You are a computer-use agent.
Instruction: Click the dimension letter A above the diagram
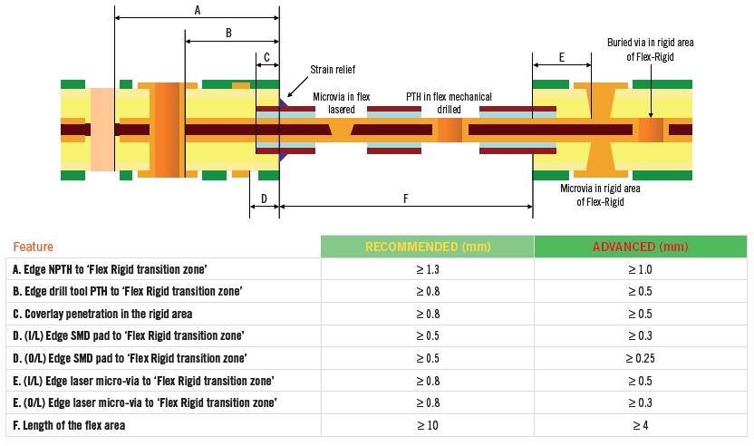(198, 10)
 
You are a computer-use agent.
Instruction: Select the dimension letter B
(228, 34)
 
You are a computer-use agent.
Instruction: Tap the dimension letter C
(266, 56)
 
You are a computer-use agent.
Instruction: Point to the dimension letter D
(264, 199)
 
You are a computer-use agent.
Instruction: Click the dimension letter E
(562, 57)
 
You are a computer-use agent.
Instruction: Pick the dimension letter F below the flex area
(405, 199)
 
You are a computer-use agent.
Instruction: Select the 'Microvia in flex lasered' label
(342, 102)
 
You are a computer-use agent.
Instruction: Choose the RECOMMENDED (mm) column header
(426, 247)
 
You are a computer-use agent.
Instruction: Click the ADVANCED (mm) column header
(640, 247)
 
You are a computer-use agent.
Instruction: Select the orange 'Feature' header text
(33, 247)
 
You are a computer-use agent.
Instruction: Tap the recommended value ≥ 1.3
(427, 269)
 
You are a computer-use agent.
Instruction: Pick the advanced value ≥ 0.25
(640, 358)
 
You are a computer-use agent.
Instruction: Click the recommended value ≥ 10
(427, 425)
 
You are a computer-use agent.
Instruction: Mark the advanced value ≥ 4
(640, 425)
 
